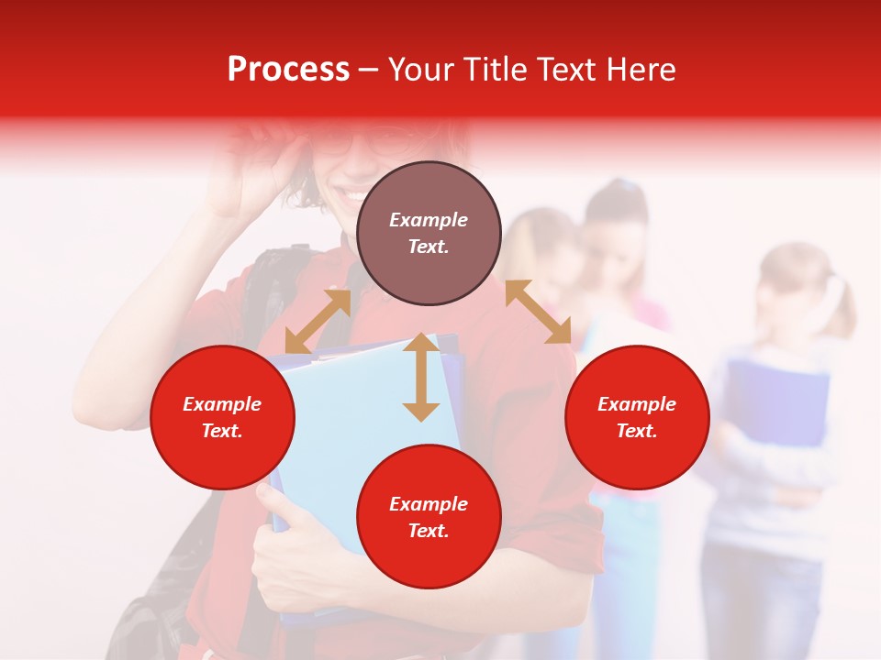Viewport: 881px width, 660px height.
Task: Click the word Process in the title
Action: [288, 70]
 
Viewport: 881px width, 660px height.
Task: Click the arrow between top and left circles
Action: [318, 322]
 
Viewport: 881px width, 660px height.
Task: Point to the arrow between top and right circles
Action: [538, 312]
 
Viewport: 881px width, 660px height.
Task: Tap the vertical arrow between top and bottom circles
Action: [421, 377]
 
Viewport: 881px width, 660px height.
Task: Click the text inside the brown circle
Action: [429, 233]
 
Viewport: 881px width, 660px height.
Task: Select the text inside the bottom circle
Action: [429, 517]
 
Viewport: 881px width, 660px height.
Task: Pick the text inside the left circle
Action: [222, 417]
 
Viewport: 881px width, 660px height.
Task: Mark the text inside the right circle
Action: [637, 417]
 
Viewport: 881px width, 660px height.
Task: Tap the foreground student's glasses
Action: [367, 142]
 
